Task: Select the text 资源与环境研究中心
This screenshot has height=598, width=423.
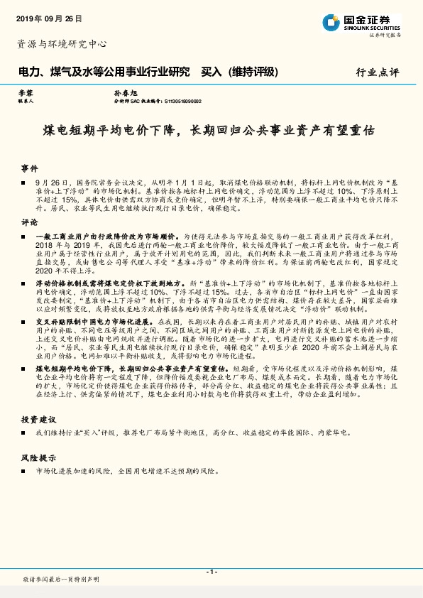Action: (62, 44)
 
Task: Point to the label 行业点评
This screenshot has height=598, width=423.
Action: (377, 72)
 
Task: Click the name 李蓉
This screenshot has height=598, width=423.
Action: (25, 93)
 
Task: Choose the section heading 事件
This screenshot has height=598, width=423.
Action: (29, 169)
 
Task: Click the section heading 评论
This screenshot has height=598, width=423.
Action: (29, 222)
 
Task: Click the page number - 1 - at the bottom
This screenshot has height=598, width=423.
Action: (211, 572)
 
